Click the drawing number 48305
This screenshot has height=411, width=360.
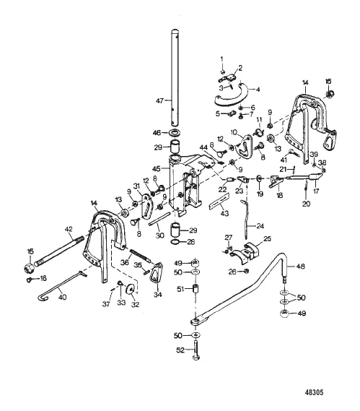pyautogui.click(x=314, y=392)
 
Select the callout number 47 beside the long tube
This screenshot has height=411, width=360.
pyautogui.click(x=159, y=100)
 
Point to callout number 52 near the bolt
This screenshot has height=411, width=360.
pyautogui.click(x=180, y=350)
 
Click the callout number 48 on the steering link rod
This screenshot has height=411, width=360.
pyautogui.click(x=301, y=267)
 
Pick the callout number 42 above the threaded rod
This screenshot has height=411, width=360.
pyautogui.click(x=69, y=229)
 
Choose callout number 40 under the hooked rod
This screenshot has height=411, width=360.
pyautogui.click(x=62, y=297)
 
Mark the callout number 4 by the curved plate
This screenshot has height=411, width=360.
pyautogui.click(x=258, y=90)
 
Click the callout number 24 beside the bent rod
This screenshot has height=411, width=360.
pyautogui.click(x=260, y=225)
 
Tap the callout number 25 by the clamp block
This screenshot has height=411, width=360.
pyautogui.click(x=268, y=238)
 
